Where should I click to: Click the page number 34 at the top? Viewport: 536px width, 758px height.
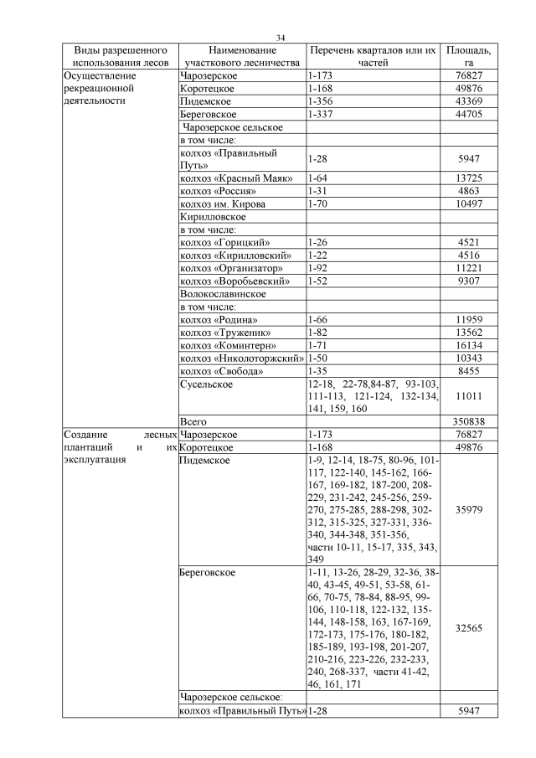pos(281,38)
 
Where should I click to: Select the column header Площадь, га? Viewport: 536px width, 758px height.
pos(469,56)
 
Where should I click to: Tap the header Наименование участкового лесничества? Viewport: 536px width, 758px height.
pos(242,56)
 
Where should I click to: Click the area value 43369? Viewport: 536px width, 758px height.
pos(469,101)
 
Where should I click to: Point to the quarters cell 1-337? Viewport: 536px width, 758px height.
pos(322,114)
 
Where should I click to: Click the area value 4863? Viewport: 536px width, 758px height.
pos(469,191)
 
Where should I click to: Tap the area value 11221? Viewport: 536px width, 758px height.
pos(469,268)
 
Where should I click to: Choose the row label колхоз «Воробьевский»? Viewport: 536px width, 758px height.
pos(235,281)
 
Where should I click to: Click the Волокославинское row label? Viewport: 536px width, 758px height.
pos(223,294)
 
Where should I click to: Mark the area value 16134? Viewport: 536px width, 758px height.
pos(469,345)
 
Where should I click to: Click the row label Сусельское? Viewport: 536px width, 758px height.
pos(206,384)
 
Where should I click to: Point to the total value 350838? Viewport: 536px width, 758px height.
pos(469,421)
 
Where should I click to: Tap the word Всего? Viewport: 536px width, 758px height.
pos(193,421)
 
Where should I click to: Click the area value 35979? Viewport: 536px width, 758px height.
pos(469,508)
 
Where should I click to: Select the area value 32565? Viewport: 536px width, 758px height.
pos(469,628)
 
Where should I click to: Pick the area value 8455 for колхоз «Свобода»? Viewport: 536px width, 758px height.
pos(469,370)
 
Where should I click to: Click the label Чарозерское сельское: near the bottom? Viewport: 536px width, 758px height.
pos(232,697)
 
